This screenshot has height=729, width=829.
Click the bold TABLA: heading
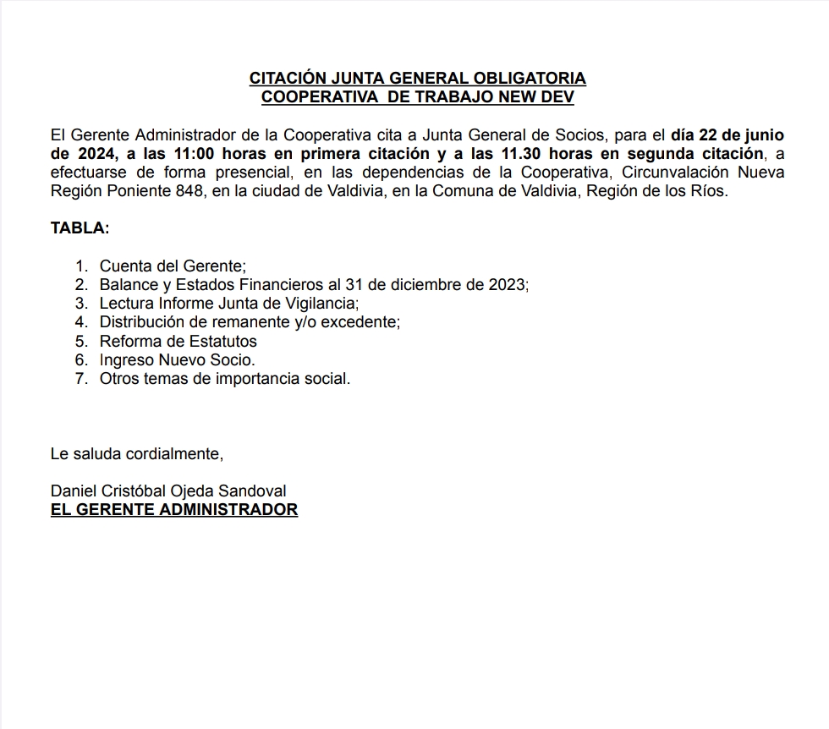[x=80, y=228]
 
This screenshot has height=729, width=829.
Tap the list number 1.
[x=81, y=266]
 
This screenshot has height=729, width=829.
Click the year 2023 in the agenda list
[x=508, y=285]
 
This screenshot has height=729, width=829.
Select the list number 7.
[x=81, y=379]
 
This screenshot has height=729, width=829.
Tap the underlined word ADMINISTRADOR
[x=228, y=510]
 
